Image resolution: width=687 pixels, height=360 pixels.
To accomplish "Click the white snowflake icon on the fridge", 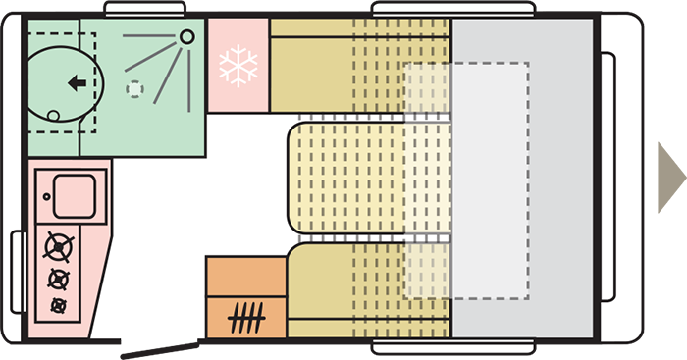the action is point(238,67).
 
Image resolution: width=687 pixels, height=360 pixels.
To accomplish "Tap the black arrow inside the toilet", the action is point(75,83).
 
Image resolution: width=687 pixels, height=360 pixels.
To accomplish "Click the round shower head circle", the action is point(187,36).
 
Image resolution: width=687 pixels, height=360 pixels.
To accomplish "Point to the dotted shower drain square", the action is point(134,88).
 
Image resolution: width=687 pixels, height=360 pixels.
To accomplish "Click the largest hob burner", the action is point(59,246).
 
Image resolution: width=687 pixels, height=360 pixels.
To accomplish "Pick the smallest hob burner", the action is point(58,306).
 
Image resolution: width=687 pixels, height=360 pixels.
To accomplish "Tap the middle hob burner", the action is point(58,279).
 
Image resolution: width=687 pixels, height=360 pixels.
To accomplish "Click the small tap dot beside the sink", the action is point(44,195).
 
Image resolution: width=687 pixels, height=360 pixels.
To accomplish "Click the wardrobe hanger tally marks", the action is point(245,318).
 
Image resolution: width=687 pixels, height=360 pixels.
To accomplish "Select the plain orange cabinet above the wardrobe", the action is point(245,276).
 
